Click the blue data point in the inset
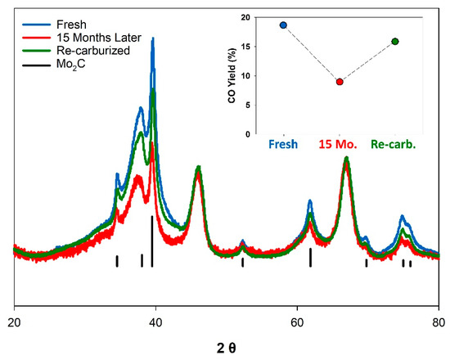[283, 25]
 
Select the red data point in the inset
[340, 82]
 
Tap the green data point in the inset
[395, 41]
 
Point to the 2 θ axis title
[227, 348]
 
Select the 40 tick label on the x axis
[155, 322]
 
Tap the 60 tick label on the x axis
[298, 322]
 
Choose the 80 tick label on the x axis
[439, 322]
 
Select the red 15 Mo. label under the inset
[339, 146]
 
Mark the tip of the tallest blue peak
[152, 38]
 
